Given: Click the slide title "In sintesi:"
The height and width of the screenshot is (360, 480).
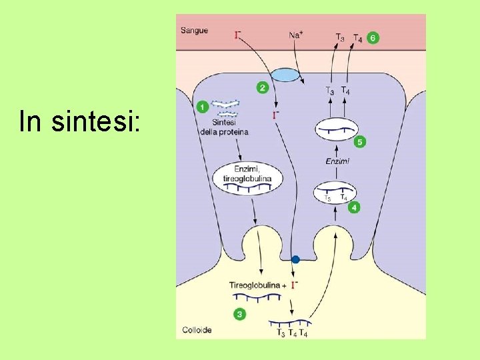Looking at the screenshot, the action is click(79, 122).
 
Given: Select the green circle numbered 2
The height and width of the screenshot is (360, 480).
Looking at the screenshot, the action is click(262, 87).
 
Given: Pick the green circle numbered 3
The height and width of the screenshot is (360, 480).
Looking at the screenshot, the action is click(239, 313).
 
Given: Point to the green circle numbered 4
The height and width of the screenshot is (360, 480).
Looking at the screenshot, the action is click(354, 207).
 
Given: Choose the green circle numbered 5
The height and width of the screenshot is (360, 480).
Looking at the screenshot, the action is click(373, 37).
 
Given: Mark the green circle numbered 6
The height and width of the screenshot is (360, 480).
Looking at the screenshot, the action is click(373, 37).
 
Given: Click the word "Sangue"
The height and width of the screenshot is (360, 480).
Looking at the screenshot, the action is click(194, 30).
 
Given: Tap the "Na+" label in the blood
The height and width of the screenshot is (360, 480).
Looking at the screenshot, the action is click(296, 33).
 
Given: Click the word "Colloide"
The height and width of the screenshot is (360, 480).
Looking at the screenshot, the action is click(197, 330).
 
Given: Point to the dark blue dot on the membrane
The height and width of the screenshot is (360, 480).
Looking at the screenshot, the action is click(296, 259).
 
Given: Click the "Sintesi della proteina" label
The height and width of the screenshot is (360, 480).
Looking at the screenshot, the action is click(224, 127).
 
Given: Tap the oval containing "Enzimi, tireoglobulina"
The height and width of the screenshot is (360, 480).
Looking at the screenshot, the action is click(247, 177).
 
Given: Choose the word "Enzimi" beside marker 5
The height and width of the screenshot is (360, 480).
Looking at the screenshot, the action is click(337, 161).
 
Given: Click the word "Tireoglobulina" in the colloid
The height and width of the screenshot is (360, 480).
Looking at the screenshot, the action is click(255, 285).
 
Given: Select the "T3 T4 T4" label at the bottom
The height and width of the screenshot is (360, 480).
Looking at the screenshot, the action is click(292, 333).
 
